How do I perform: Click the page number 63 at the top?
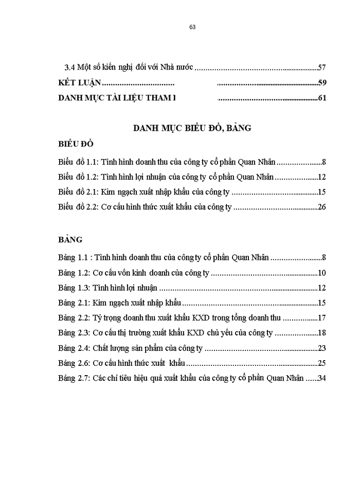[x=192, y=27]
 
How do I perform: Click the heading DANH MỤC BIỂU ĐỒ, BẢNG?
[x=192, y=128]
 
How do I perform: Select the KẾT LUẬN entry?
[x=79, y=82]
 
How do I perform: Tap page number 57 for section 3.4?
[x=322, y=67]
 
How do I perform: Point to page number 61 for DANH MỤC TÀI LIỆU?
[x=322, y=98]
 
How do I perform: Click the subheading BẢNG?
[x=70, y=240]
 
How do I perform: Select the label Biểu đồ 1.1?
[x=78, y=162]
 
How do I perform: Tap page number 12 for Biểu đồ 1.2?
[x=322, y=178]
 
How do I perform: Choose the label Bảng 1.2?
[x=74, y=273]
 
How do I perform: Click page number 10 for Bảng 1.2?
[x=322, y=273]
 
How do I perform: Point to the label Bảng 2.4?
[x=74, y=348]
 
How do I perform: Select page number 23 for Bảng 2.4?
[x=322, y=348]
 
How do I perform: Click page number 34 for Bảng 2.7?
[x=322, y=378]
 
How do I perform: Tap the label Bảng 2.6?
[x=74, y=363]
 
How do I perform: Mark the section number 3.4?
[x=68, y=67]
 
